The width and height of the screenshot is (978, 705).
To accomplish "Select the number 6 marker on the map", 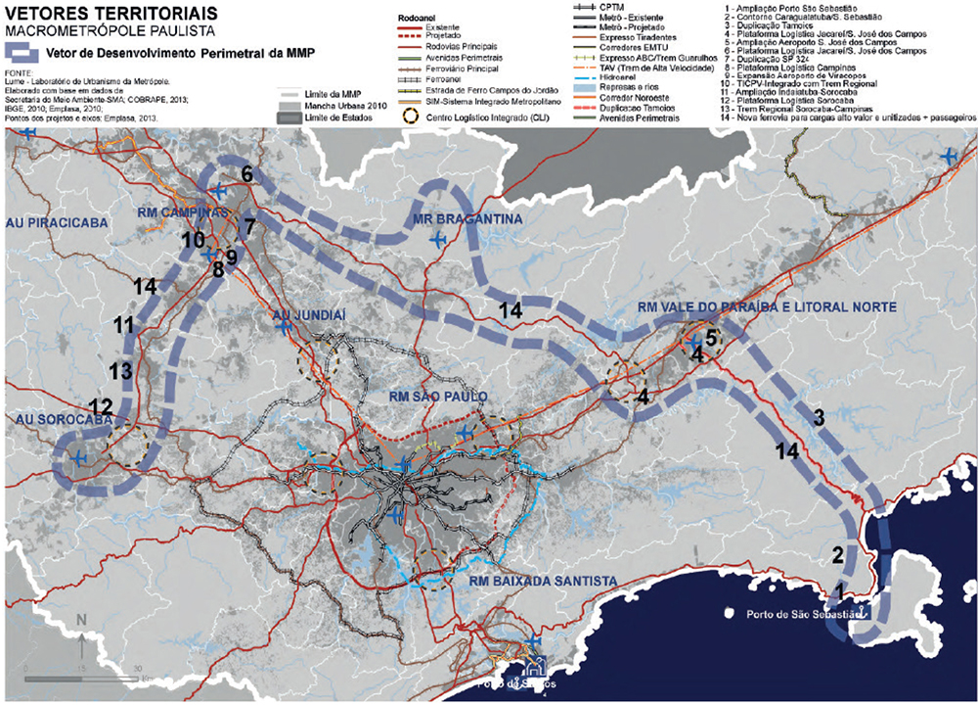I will pyautogui.click(x=247, y=173).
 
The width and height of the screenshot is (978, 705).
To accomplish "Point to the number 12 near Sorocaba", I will pyautogui.click(x=100, y=403).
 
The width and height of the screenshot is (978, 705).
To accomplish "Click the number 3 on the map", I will pyautogui.click(x=820, y=417).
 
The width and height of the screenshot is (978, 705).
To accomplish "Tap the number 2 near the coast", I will pyautogui.click(x=837, y=553).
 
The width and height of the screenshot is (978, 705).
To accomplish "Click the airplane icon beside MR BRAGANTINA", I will pyautogui.click(x=437, y=239).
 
